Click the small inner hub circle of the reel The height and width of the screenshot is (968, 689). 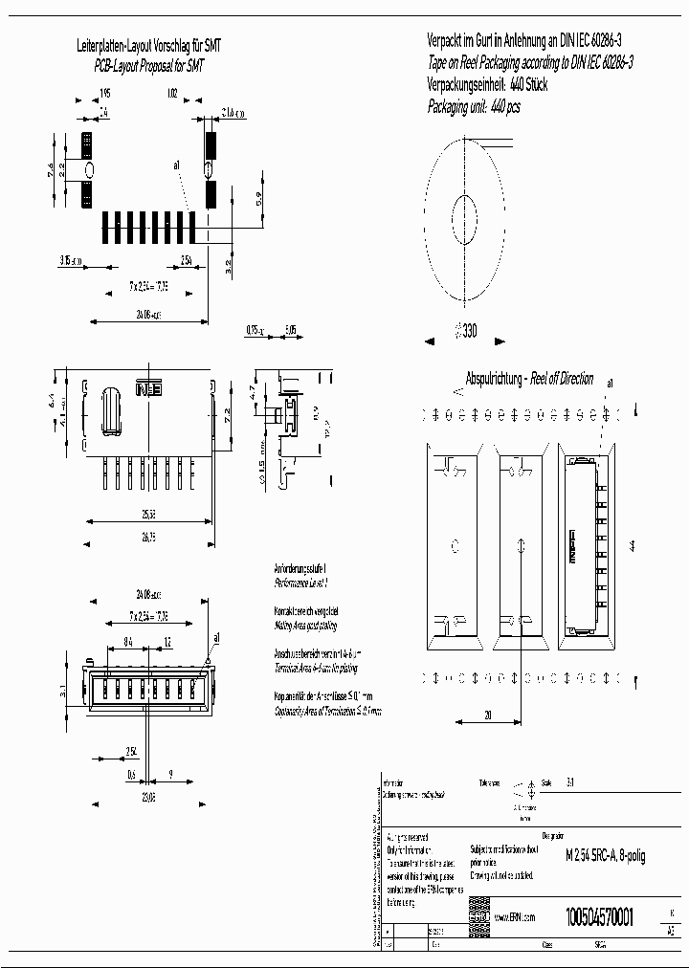click(463, 211)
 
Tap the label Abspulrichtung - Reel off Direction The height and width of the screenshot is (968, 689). click(528, 379)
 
